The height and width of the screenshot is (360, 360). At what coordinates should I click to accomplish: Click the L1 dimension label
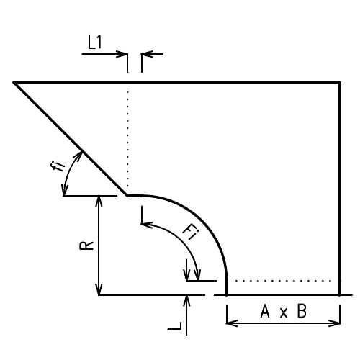(x=94, y=42)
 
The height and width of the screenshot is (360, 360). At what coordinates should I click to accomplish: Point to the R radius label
(x=85, y=245)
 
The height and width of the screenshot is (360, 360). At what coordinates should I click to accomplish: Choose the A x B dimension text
(x=282, y=312)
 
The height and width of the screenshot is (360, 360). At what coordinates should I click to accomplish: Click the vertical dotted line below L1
(x=127, y=137)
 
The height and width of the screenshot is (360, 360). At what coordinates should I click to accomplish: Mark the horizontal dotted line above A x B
(x=284, y=280)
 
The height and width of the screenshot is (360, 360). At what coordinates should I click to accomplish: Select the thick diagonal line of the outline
(x=71, y=138)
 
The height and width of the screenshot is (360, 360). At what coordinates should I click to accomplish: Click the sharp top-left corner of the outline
(x=14, y=83)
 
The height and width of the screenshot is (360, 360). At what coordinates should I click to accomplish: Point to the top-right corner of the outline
(x=339, y=83)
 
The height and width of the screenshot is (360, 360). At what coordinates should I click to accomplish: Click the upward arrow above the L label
(x=187, y=301)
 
